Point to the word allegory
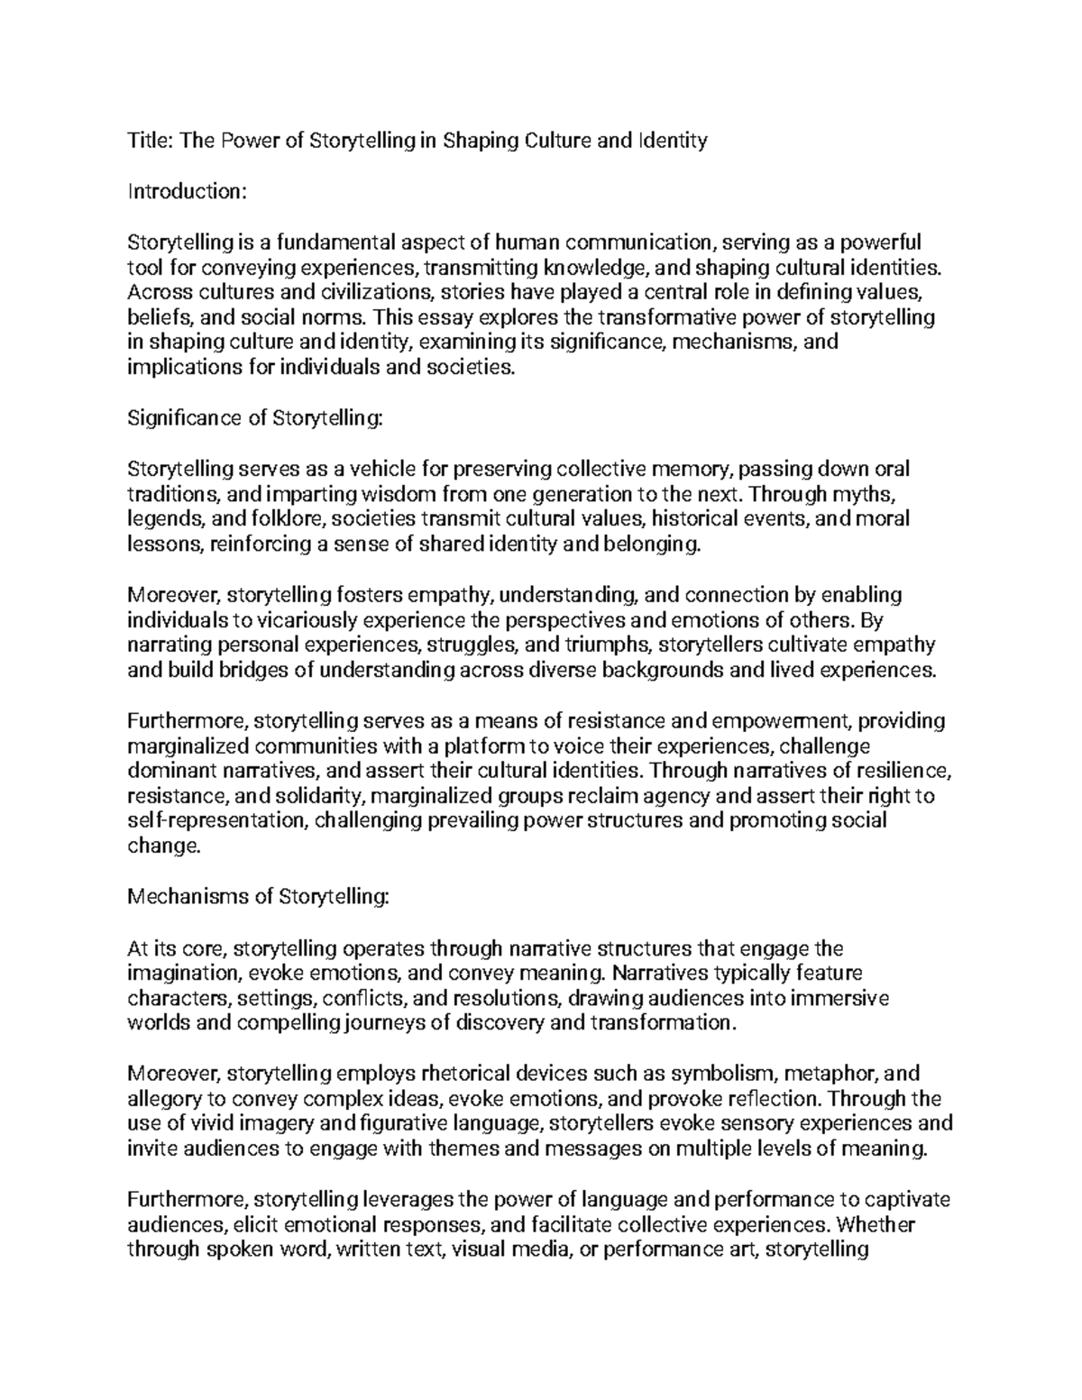point(162,1100)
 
